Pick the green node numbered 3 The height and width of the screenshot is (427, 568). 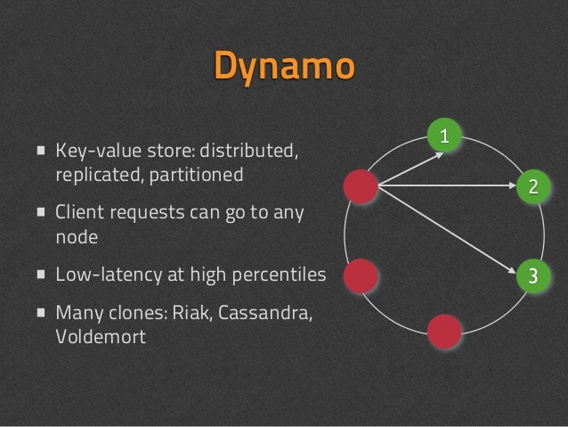coord(532,274)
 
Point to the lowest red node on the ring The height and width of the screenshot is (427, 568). coord(444,331)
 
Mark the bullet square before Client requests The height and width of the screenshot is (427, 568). coord(41,214)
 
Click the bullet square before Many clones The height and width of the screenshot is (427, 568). coord(41,316)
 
